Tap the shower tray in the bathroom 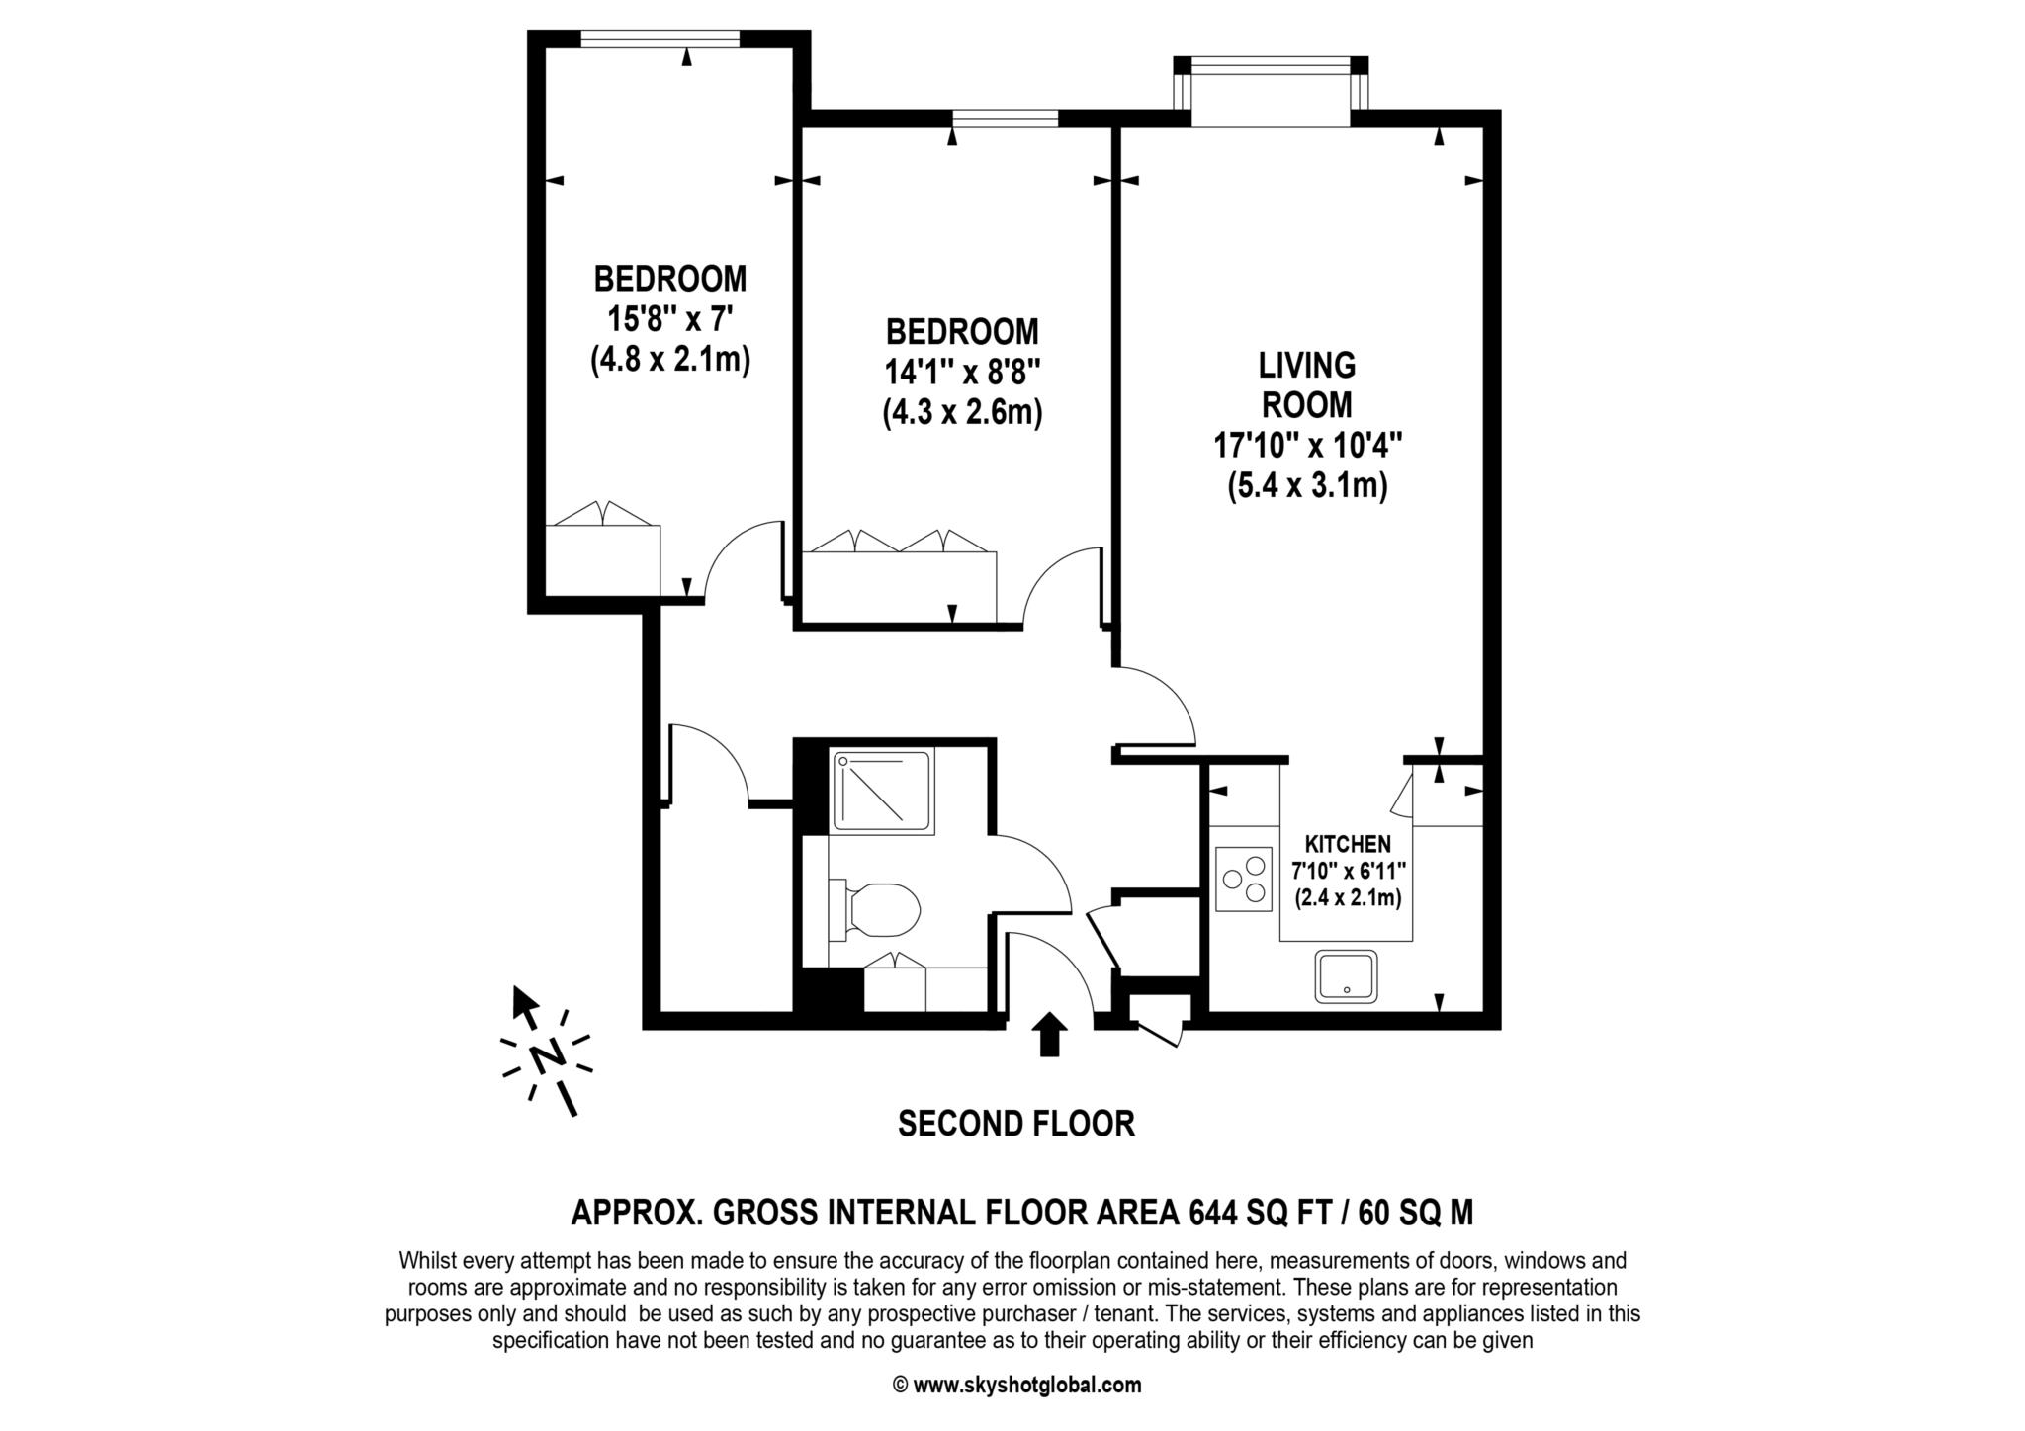click(x=883, y=791)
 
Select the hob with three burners click(x=1244, y=879)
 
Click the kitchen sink click(x=1346, y=976)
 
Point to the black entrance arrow click(x=1049, y=1034)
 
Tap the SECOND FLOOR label click(x=1015, y=1124)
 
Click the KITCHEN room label click(x=1348, y=844)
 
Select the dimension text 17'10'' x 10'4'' click(x=1308, y=446)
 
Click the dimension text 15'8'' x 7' click(x=669, y=319)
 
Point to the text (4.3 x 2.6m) click(x=962, y=412)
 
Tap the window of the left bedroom click(x=660, y=39)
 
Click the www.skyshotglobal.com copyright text click(x=1016, y=1385)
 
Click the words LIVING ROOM click(x=1306, y=385)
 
